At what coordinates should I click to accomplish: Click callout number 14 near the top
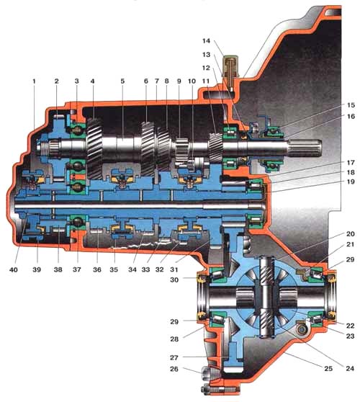(206, 41)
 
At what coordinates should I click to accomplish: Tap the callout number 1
(34, 81)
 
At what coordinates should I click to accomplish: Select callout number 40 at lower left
(14, 269)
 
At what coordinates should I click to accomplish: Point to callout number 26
(174, 369)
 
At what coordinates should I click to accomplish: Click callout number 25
(328, 368)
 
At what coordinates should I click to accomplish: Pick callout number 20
(350, 234)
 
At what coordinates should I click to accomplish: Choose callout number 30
(174, 280)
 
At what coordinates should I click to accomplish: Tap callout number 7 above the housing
(157, 81)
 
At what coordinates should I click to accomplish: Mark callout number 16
(351, 117)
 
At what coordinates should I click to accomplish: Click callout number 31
(174, 269)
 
